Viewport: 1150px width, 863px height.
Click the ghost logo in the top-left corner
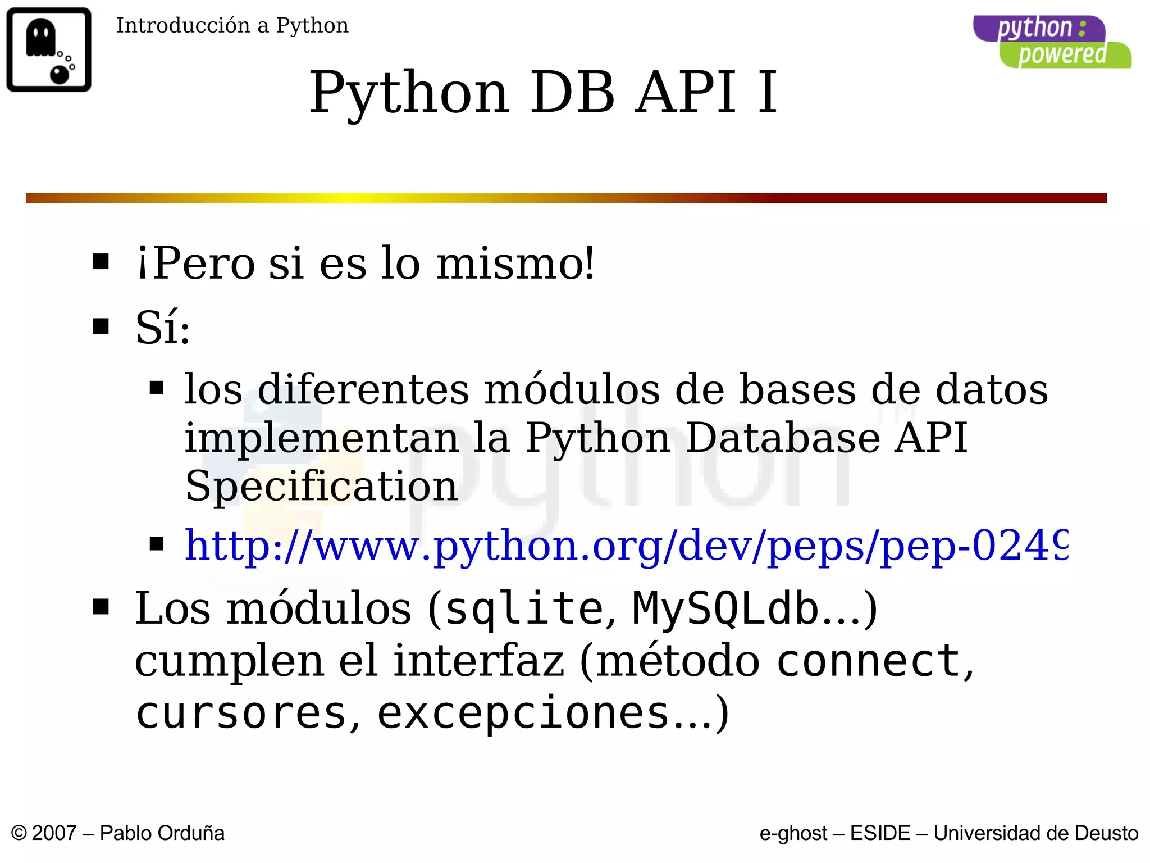tap(49, 49)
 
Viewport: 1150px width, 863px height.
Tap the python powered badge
tap(1052, 42)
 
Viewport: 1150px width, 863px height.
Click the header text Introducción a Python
tap(232, 26)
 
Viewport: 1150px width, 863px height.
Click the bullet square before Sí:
tap(101, 326)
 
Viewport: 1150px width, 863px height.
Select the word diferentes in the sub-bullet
tap(363, 389)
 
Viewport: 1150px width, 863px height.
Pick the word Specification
tap(321, 486)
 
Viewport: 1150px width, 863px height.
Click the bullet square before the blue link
tap(157, 543)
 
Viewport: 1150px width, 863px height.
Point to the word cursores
tap(241, 713)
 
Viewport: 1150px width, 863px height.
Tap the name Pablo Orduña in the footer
tap(162, 833)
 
